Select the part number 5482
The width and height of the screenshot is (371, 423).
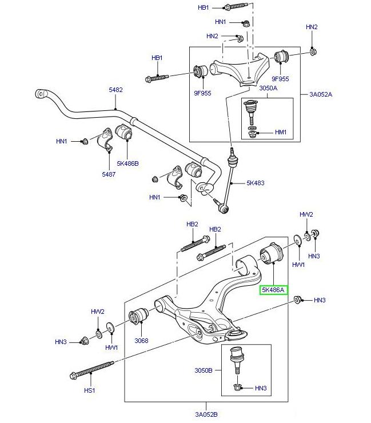(116, 90)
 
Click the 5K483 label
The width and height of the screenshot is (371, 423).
(256, 183)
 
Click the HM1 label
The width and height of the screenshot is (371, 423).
(281, 132)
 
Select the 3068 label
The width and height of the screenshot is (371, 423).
(141, 341)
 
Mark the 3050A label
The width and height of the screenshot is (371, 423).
(268, 89)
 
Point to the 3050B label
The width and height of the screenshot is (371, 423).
(202, 370)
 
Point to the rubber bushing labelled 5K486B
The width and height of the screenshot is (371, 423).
(124, 132)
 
